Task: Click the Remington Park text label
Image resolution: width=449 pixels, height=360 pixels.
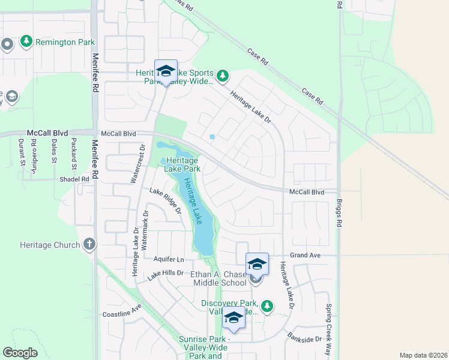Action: pos(64,42)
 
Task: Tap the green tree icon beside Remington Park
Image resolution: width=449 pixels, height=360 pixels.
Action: pos(26,41)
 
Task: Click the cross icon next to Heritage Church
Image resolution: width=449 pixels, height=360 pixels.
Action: pos(89,244)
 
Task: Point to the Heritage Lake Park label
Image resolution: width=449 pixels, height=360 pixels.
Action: pos(182,164)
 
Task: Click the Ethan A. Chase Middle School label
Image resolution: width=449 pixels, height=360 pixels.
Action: pos(218,278)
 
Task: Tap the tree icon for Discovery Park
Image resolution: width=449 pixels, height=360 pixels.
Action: pos(267,307)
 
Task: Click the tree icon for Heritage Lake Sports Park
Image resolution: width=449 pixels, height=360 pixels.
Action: pos(223,76)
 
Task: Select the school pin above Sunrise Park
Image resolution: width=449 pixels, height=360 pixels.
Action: pos(234,319)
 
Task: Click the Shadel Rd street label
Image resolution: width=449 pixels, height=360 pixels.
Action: pos(74,179)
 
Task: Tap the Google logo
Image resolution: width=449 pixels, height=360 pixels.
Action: pos(20,352)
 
